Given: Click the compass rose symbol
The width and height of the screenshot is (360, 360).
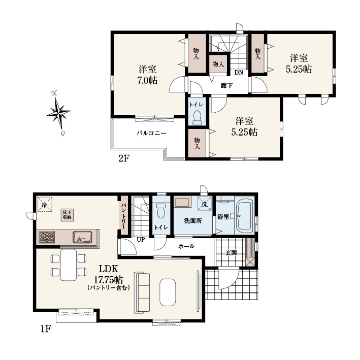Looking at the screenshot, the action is click(58, 113).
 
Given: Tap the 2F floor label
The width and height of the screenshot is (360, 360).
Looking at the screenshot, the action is click(124, 158).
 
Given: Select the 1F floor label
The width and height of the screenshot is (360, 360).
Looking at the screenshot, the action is click(46, 329).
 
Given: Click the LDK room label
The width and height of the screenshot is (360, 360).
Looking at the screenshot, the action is click(108, 268).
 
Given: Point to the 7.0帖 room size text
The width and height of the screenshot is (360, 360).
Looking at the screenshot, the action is click(147, 80).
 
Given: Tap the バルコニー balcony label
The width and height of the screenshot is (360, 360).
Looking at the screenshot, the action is click(151, 133).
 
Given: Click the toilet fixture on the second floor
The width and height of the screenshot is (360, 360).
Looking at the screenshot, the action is click(197, 118).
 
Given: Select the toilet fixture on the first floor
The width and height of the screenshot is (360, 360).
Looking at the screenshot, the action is click(161, 211).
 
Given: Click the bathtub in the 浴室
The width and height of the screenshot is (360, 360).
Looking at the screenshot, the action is click(245, 216).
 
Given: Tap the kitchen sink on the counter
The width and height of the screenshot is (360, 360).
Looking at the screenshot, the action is click(82, 237).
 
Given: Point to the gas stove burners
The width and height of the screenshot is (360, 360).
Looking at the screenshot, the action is click(47, 237).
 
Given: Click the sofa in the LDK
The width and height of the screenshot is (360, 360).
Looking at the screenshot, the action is click(142, 292).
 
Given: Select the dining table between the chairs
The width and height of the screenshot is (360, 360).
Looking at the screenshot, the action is click(69, 265).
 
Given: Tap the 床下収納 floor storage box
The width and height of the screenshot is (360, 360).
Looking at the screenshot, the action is click(67, 215).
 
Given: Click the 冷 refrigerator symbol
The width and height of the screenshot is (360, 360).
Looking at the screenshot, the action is click(45, 204).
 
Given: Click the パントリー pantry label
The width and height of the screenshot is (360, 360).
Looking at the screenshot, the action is click(123, 216).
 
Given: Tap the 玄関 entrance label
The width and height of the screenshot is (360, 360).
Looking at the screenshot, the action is click(231, 253).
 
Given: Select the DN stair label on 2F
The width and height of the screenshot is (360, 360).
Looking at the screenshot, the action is click(239, 73).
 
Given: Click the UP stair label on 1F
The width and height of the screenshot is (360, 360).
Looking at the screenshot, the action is click(141, 240).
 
